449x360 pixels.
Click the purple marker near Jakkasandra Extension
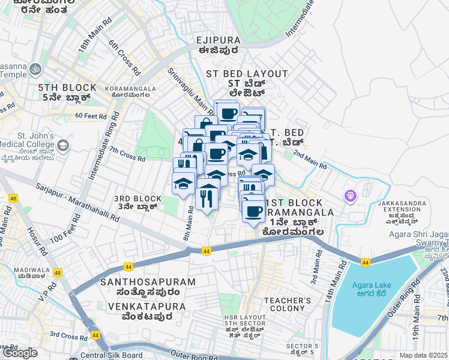[351, 196]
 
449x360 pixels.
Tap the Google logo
[20, 353]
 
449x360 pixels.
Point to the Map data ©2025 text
[423, 355]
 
